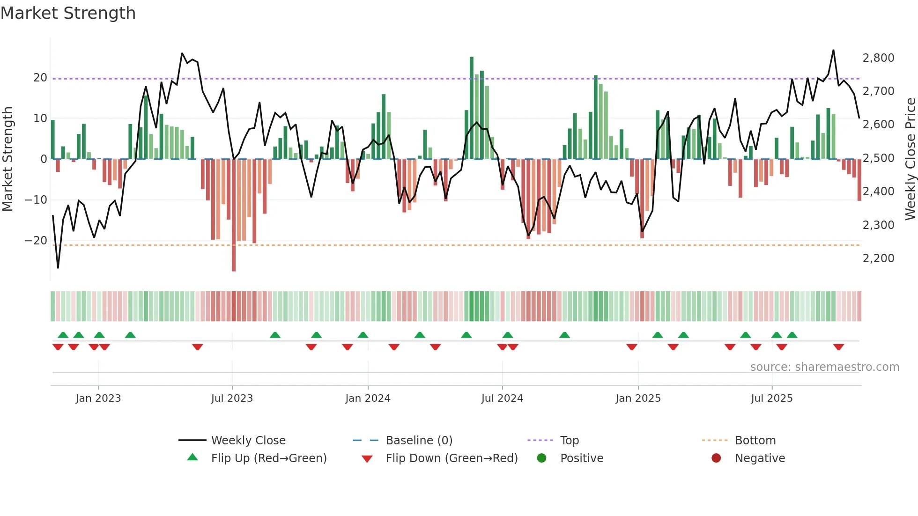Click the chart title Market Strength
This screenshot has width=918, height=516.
(68, 13)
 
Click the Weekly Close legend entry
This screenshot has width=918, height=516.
(248, 440)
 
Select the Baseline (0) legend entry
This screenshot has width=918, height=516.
(419, 440)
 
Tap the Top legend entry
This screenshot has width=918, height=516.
(569, 440)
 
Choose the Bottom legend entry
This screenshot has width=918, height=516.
(755, 440)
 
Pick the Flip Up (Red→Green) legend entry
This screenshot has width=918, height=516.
(268, 458)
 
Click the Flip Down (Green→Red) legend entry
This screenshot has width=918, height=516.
(452, 458)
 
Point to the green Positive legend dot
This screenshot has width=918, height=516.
(541, 458)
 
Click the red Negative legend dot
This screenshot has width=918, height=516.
(716, 458)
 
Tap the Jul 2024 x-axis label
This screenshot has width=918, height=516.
(502, 398)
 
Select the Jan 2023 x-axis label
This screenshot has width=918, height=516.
(98, 398)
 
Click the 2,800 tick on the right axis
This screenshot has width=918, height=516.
(878, 58)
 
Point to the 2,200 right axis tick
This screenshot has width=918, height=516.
(878, 258)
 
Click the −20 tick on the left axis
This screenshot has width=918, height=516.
(36, 241)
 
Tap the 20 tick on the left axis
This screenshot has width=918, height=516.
(40, 78)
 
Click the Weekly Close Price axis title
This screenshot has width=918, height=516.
(910, 159)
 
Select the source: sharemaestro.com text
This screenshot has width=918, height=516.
(824, 367)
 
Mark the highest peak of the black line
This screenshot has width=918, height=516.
(833, 51)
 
